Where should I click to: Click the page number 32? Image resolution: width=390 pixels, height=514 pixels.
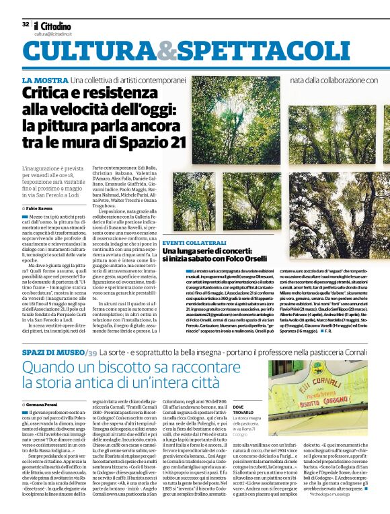click(26, 24)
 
